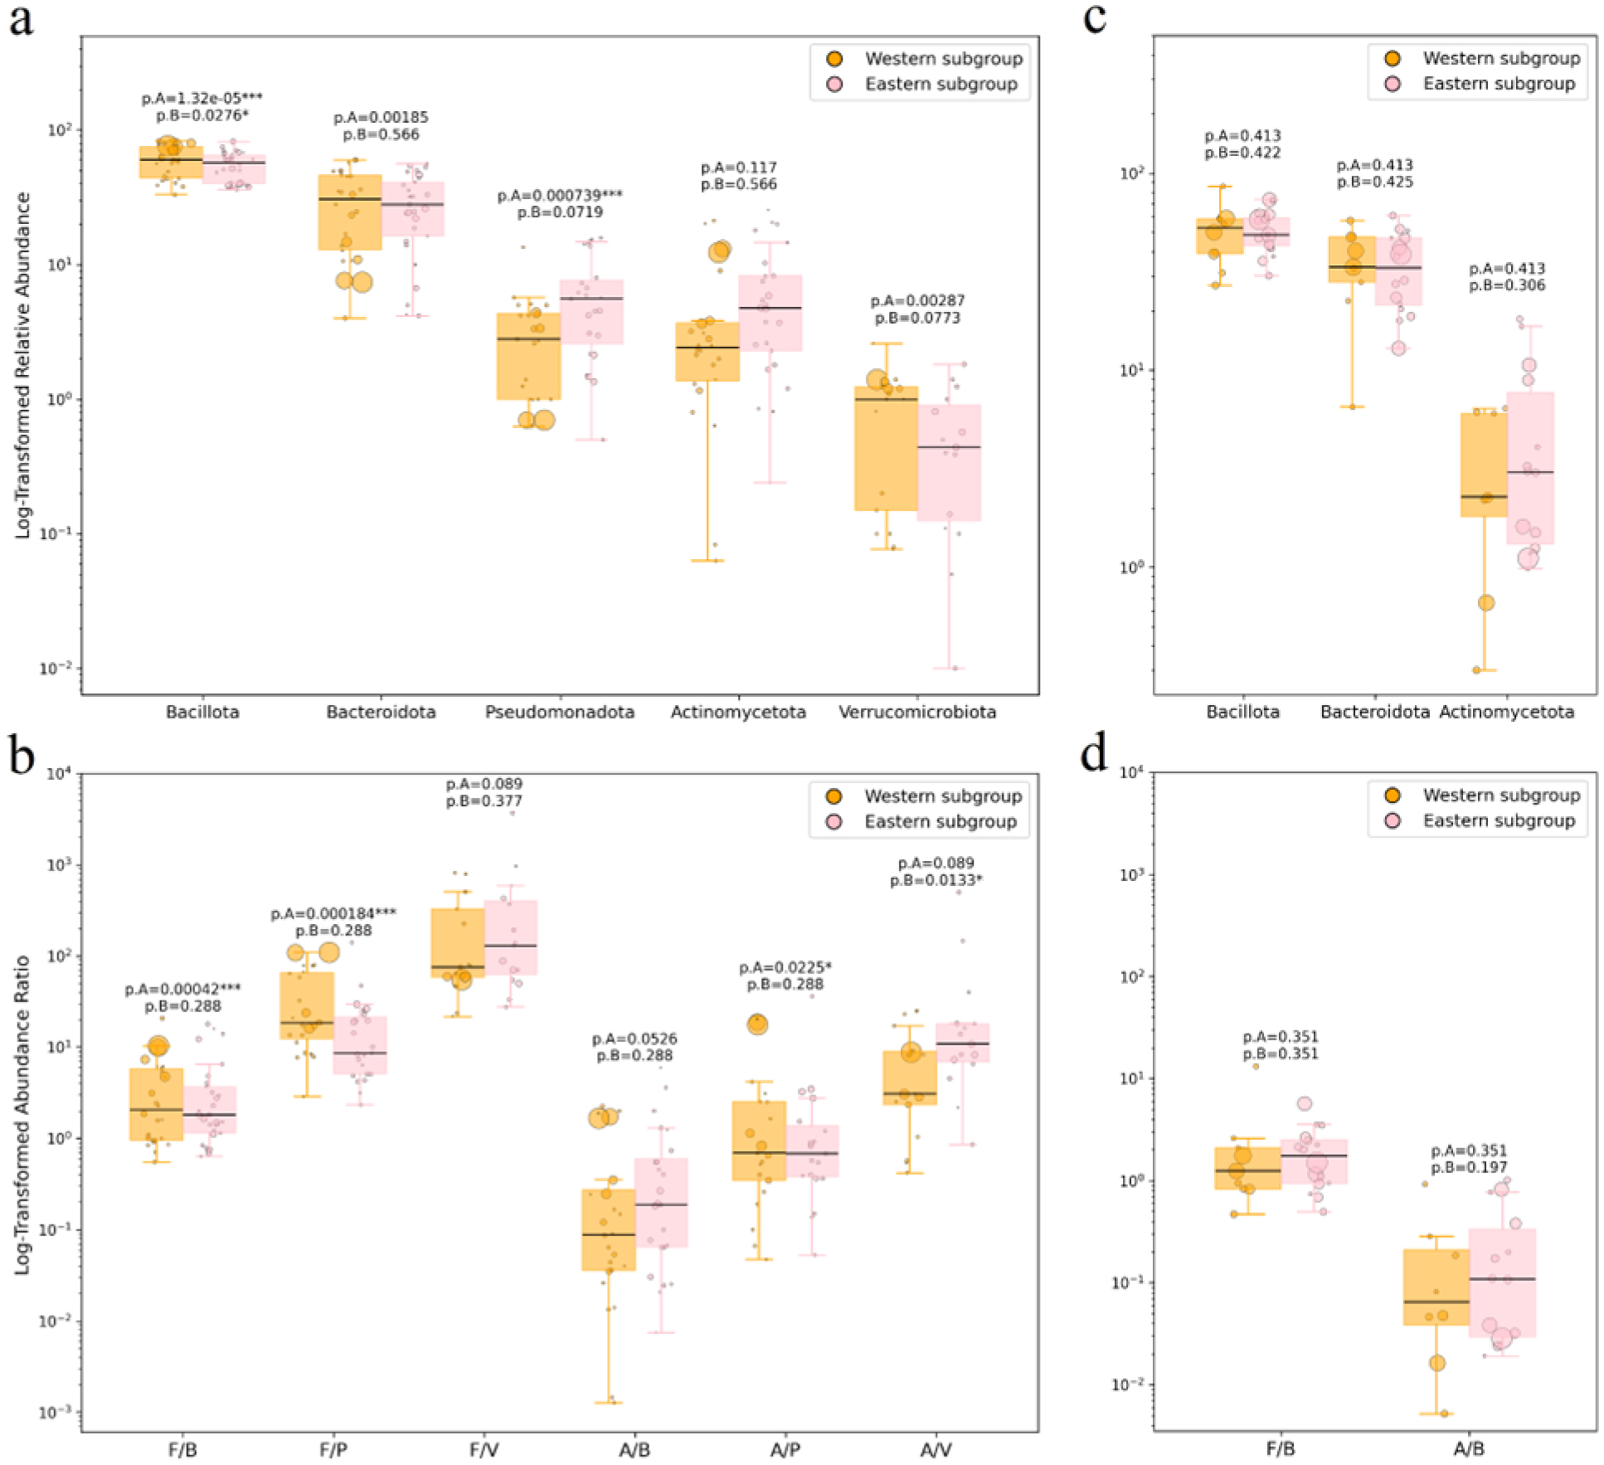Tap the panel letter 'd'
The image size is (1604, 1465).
(1096, 753)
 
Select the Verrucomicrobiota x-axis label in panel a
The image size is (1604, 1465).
(917, 713)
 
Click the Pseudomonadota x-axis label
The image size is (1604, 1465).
(560, 713)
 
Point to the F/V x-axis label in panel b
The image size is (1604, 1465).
(484, 1450)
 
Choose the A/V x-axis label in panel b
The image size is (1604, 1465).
(936, 1450)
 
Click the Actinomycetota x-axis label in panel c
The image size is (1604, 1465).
(1507, 713)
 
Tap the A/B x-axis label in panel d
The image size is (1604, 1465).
(1469, 1450)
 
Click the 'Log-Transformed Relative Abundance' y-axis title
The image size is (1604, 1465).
(23, 365)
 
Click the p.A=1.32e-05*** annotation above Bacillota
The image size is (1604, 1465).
(202, 99)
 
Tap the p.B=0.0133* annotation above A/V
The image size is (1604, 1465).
(936, 880)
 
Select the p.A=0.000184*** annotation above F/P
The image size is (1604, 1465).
(333, 913)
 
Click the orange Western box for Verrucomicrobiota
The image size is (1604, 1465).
(886, 448)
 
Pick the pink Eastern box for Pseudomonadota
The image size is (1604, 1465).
(592, 312)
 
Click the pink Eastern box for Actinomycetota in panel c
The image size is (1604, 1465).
(1530, 468)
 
